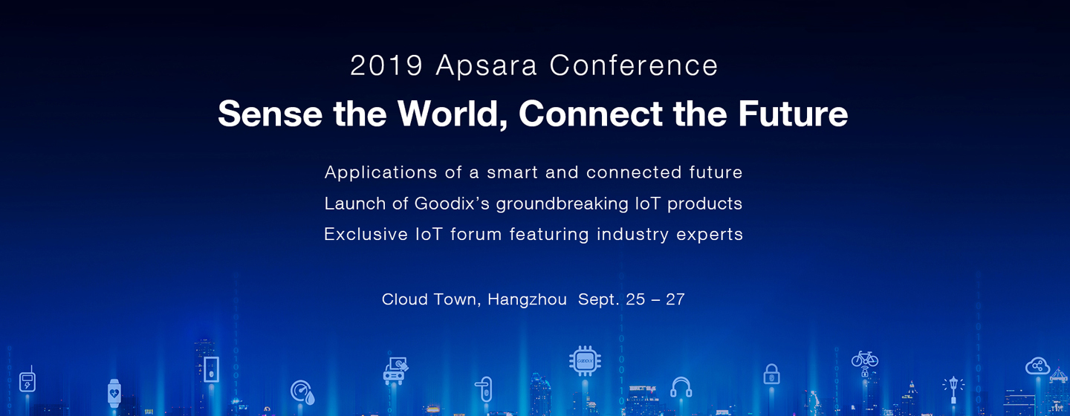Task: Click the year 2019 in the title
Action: coord(386,65)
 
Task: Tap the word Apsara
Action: coord(486,66)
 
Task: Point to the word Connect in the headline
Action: coord(591,114)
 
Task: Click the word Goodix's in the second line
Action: coord(452,204)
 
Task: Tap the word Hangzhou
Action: coord(527,299)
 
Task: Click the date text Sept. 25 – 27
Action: coord(631,299)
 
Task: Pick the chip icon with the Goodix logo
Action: coord(585,361)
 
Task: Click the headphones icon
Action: coord(681,387)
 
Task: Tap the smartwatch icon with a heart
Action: coord(114,394)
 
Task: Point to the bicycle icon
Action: coord(865,358)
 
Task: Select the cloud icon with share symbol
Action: coord(1037,366)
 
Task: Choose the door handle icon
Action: coord(484,389)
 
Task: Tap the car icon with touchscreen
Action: coord(395,371)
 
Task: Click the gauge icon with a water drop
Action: coord(302,392)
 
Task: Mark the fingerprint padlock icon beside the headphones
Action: coord(771,374)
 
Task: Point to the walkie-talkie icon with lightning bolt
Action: coord(27,380)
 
